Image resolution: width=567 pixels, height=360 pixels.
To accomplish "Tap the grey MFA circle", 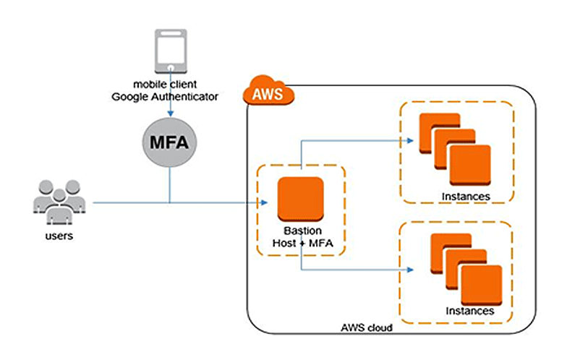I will coord(169,140).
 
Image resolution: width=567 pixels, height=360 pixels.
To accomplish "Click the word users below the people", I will coord(59,236).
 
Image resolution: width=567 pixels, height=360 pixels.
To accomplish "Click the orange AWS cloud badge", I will coord(268,93).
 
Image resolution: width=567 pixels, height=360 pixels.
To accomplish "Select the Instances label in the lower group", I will coord(470,311).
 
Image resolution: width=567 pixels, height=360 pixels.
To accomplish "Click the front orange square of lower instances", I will coord(481,284).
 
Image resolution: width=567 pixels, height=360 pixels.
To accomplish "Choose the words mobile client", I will coord(169,84).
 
